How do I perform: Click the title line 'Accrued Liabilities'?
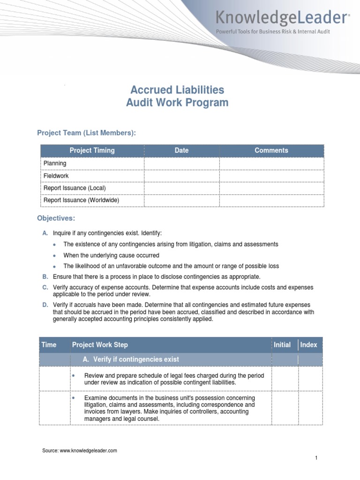(x=177, y=90)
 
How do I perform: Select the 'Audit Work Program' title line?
(x=177, y=103)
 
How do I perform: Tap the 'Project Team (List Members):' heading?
(x=86, y=133)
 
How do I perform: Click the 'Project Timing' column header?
(x=92, y=150)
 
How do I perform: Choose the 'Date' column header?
(x=181, y=150)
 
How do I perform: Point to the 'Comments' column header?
(x=271, y=150)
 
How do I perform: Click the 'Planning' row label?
(x=55, y=163)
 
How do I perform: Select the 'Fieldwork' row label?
(x=56, y=176)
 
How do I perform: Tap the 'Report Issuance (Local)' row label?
(x=75, y=188)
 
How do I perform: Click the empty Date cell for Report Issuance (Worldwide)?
(x=181, y=200)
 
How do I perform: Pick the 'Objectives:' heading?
(x=56, y=218)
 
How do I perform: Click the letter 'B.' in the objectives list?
(x=45, y=277)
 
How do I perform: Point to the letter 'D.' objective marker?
(x=45, y=305)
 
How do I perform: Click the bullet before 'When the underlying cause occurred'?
(x=54, y=256)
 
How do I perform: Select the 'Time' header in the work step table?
(x=49, y=345)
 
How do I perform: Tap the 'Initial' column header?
(x=282, y=345)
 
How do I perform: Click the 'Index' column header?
(x=308, y=345)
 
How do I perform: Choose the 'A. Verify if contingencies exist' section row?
(x=130, y=359)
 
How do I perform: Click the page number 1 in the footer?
(x=316, y=458)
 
